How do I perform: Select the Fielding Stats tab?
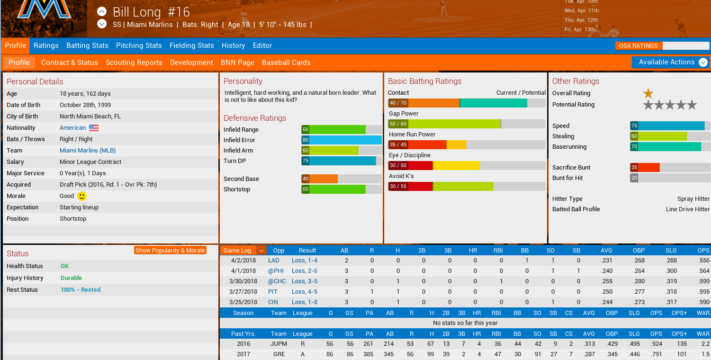pyautogui.click(x=191, y=45)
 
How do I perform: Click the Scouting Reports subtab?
pyautogui.click(x=134, y=63)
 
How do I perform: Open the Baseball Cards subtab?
pyautogui.click(x=286, y=63)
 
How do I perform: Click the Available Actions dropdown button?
pyautogui.click(x=670, y=62)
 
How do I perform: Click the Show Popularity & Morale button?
pyautogui.click(x=170, y=250)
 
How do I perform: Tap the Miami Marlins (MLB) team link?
pyautogui.click(x=88, y=151)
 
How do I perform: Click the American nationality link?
pyautogui.click(x=72, y=128)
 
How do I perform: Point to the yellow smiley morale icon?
pyautogui.click(x=82, y=196)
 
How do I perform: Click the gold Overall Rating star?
pyautogui.click(x=648, y=93)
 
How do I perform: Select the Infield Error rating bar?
pyautogui.click(x=342, y=140)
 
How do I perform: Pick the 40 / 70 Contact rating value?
pyautogui.click(x=398, y=103)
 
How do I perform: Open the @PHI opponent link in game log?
pyautogui.click(x=276, y=271)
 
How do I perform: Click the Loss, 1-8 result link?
pyautogui.click(x=305, y=302)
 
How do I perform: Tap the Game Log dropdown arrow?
pyautogui.click(x=261, y=251)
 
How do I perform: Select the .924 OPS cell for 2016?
pyautogui.click(x=656, y=344)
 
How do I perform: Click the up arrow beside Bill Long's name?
pyautogui.click(x=102, y=12)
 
